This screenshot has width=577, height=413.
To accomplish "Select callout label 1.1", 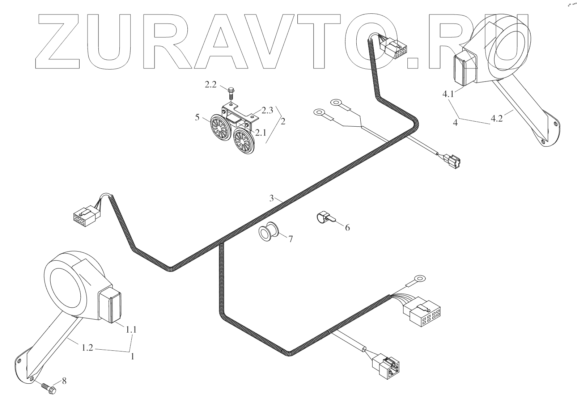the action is (x=131, y=330).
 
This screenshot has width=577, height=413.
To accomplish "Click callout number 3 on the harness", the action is (x=272, y=198).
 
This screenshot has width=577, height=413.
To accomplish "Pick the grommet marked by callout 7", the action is (x=268, y=232).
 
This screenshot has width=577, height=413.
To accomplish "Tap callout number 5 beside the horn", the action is (x=197, y=117).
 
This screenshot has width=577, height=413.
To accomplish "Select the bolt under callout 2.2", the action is (x=231, y=93).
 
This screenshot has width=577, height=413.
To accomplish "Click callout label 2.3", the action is (x=267, y=111).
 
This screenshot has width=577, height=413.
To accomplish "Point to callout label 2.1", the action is (x=261, y=133).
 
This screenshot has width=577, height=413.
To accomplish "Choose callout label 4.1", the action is (x=447, y=94).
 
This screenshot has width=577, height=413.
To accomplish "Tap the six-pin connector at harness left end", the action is (x=84, y=216).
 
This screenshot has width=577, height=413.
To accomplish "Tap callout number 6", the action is (x=347, y=228).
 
